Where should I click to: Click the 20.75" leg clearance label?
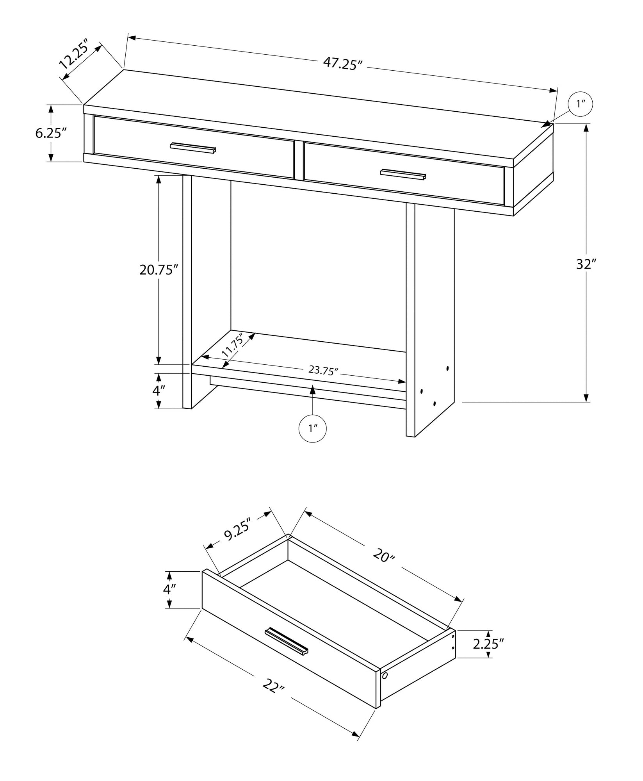(159, 269)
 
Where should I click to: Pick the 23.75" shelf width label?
(323, 370)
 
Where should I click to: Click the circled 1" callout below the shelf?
(312, 429)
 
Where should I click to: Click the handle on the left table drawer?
(193, 148)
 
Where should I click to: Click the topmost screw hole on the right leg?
(447, 368)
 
